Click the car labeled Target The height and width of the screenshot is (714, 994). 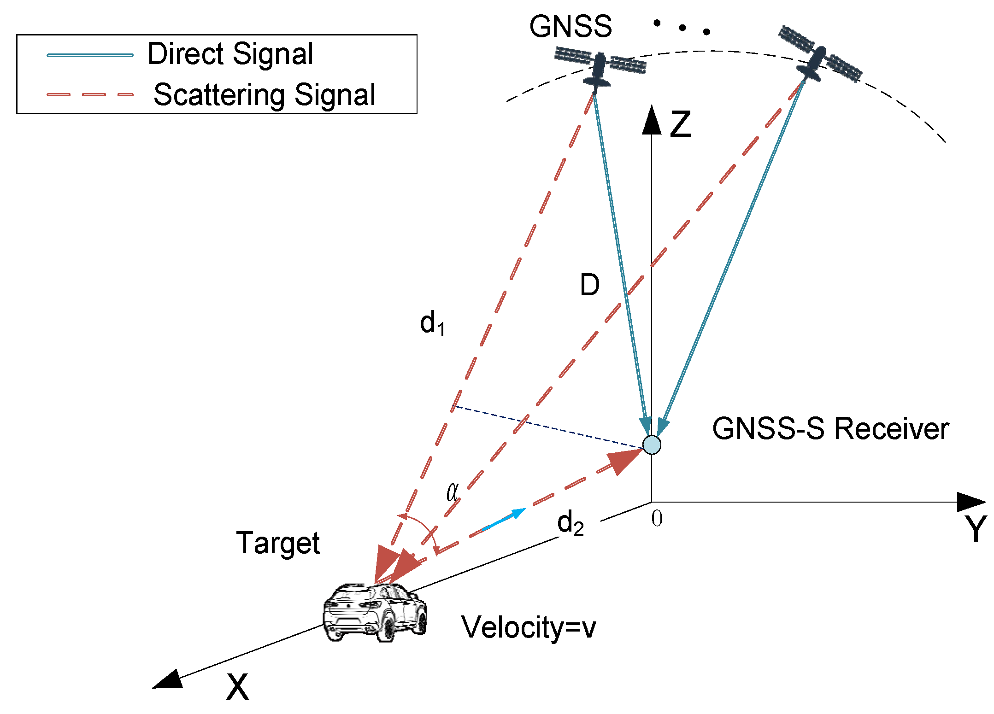tap(374, 613)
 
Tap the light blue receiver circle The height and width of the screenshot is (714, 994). tap(652, 445)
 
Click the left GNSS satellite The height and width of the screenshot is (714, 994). tap(599, 69)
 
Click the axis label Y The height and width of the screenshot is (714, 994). tap(975, 528)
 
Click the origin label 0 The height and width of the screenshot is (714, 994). tap(657, 519)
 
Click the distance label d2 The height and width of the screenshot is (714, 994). tap(570, 523)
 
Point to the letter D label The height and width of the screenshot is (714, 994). tap(589, 285)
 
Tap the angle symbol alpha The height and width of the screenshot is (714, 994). tap(453, 492)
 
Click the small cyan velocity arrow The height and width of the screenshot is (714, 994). tap(505, 520)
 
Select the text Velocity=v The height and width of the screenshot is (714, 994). tap(528, 627)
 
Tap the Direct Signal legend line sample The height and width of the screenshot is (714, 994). tap(90, 55)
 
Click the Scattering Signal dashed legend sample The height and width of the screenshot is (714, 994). tap(90, 95)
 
